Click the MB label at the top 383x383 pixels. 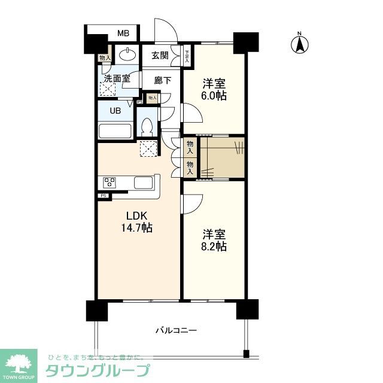(x=123, y=33)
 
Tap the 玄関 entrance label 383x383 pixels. (x=159, y=56)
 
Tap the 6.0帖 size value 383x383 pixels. (x=214, y=96)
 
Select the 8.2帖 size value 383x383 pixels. (x=214, y=245)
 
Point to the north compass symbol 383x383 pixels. (x=300, y=43)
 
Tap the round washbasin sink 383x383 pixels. (x=126, y=56)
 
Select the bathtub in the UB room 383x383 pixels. (x=115, y=132)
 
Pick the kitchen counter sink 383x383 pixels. (x=144, y=183)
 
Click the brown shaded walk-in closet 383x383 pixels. (x=222, y=157)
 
